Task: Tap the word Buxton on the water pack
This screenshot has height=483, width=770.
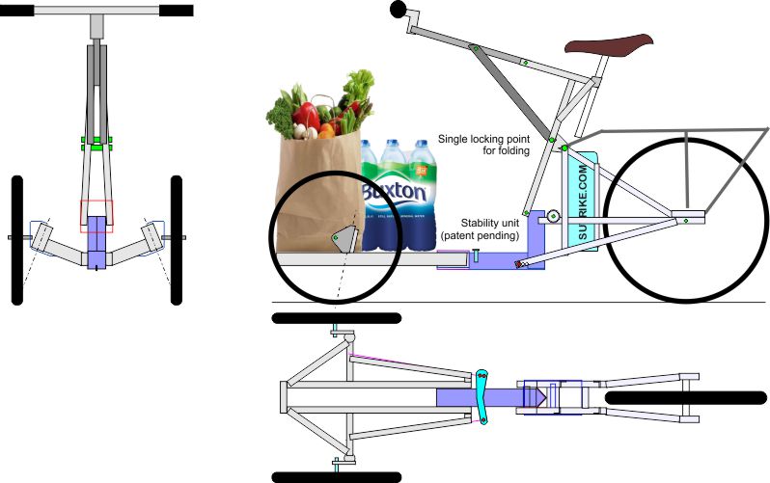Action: (x=394, y=193)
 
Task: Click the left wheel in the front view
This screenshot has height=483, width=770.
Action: (x=16, y=240)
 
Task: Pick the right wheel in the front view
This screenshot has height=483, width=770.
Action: (x=177, y=240)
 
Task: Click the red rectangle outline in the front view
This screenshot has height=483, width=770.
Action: (x=96, y=216)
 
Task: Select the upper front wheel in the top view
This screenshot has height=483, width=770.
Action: (x=336, y=317)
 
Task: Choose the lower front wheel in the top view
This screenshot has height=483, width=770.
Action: (x=336, y=475)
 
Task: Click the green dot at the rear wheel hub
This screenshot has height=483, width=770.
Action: (x=683, y=221)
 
